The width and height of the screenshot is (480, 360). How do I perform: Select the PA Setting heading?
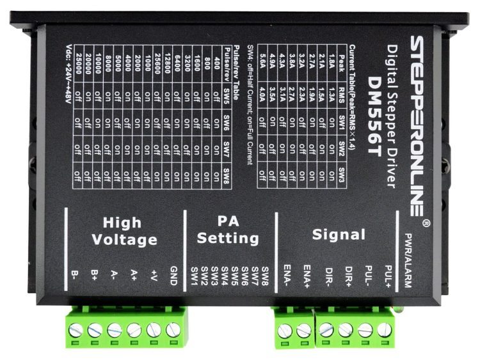point(228,231)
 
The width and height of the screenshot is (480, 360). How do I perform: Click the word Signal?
point(339,235)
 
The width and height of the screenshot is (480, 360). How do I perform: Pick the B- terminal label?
point(75,275)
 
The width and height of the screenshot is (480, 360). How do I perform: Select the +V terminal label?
point(153,275)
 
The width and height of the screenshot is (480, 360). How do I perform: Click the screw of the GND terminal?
point(172,330)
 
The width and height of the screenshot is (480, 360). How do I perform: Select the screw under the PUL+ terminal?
point(384,330)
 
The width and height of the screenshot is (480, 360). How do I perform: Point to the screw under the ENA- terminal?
point(285,331)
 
